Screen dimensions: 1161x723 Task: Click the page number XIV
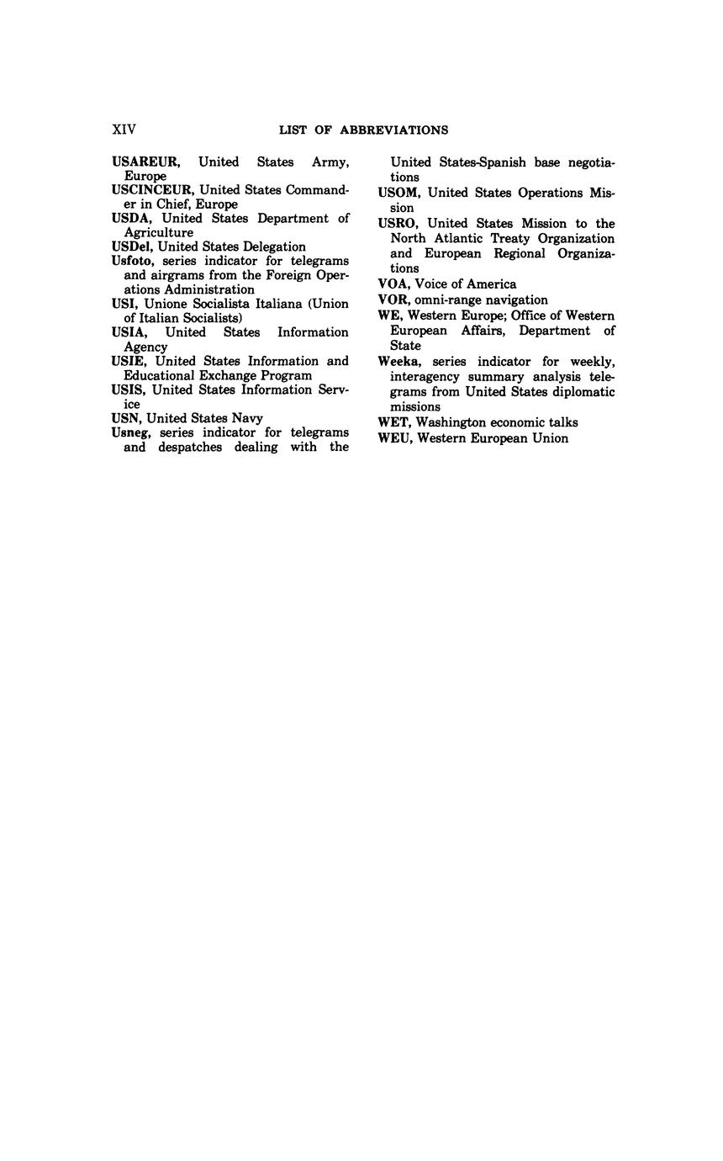point(124,130)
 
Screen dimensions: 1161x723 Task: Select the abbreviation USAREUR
point(145,162)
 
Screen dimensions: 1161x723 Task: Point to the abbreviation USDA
point(130,219)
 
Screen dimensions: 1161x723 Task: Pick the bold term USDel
point(133,247)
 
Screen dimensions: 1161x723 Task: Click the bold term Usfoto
point(132,261)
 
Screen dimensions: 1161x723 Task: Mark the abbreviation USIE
point(129,361)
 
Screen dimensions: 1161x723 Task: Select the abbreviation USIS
point(129,390)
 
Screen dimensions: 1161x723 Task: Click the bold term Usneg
point(130,432)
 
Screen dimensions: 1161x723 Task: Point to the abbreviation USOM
point(398,193)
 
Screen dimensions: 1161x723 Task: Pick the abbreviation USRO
point(398,224)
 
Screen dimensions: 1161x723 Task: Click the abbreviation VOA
point(394,284)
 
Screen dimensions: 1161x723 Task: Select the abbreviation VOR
point(394,300)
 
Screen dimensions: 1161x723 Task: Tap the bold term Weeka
point(398,362)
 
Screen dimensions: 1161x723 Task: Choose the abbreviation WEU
point(395,438)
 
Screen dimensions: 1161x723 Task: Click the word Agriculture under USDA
point(159,232)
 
